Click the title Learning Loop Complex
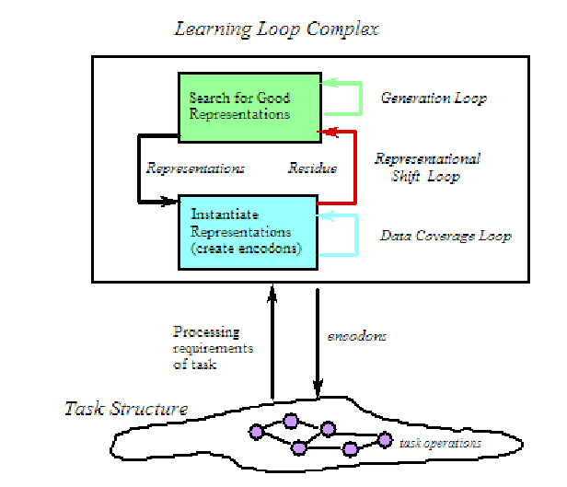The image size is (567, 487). pos(276,29)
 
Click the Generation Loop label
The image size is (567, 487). pos(433,99)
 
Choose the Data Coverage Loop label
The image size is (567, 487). pos(445,236)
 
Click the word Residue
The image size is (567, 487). pos(313,169)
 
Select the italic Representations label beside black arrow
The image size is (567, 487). pos(195,169)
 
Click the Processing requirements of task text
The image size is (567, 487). pos(213,348)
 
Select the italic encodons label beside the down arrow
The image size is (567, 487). pos(357,337)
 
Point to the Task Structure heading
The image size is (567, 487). pos(126,409)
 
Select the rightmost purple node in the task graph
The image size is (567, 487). pos(376,443)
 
